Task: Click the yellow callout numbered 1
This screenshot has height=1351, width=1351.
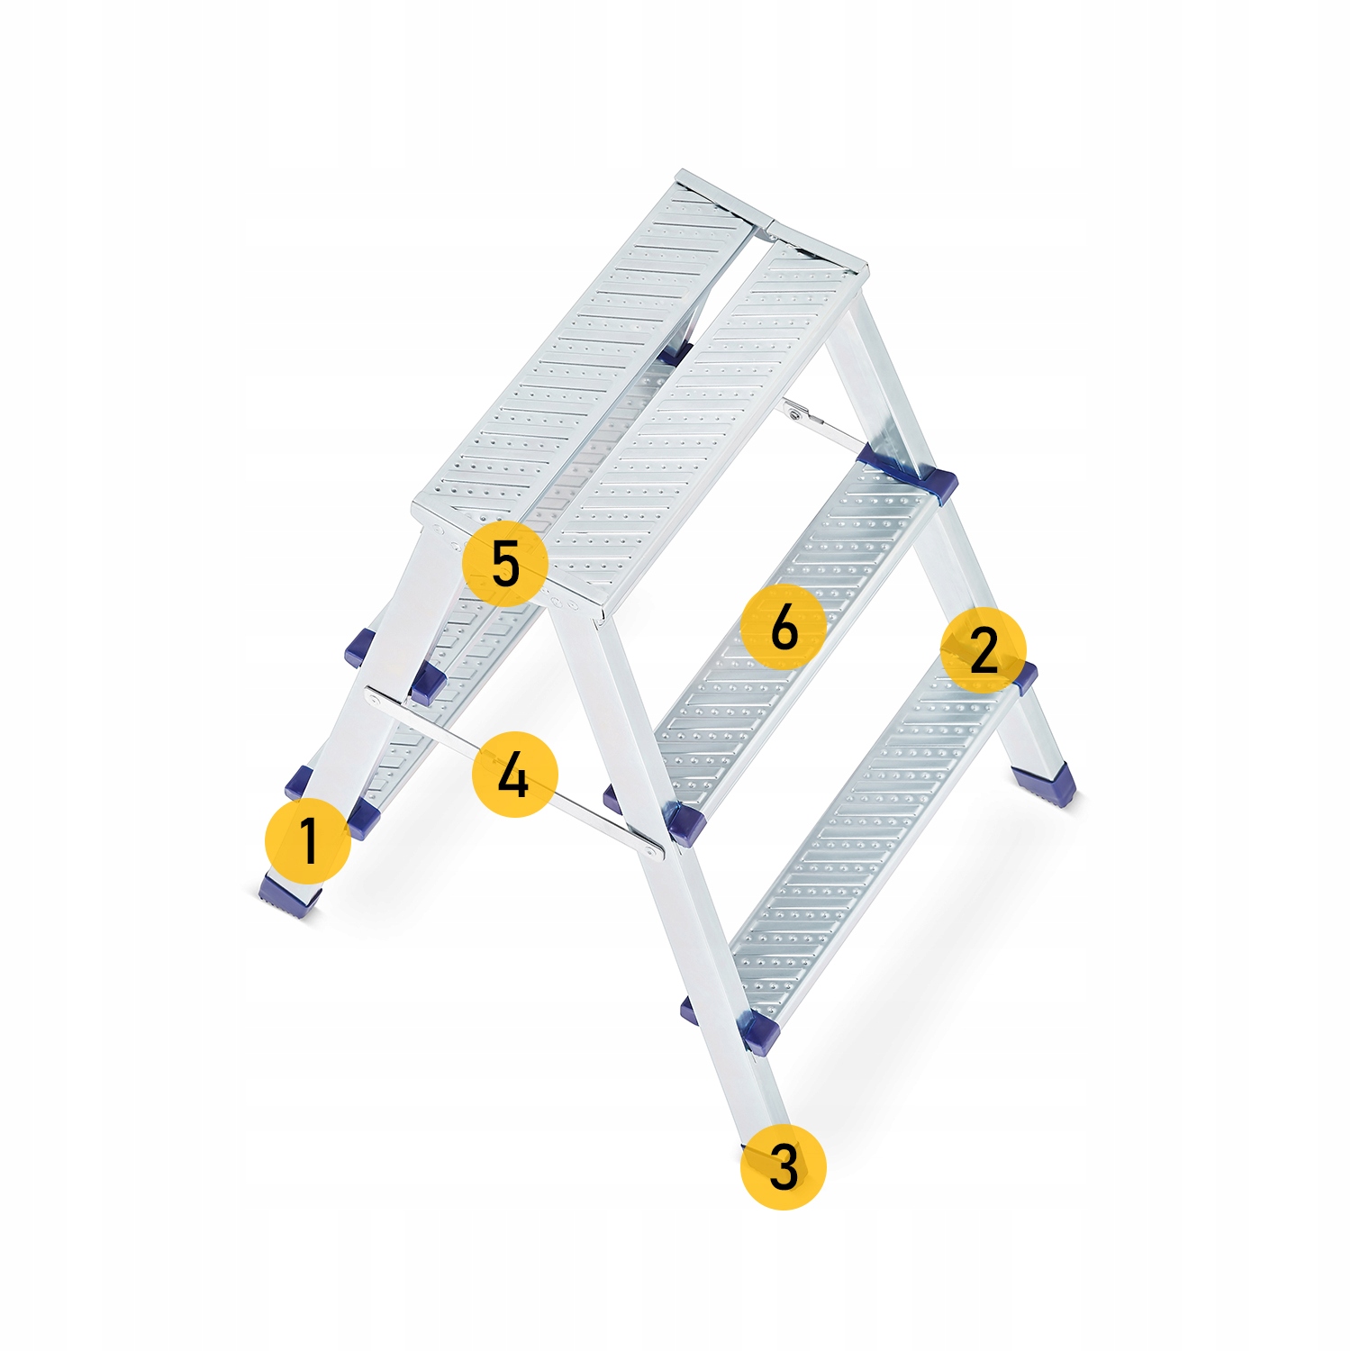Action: [308, 839]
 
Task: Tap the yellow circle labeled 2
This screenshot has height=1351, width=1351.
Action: [983, 649]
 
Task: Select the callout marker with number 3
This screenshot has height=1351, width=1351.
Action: [783, 1166]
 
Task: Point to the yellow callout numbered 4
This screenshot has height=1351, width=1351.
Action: [514, 775]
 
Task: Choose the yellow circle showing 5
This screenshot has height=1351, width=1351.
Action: [504, 564]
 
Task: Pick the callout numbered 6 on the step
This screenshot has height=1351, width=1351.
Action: [784, 626]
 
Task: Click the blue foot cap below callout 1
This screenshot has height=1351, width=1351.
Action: [288, 896]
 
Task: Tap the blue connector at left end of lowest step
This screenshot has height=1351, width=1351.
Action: [758, 1031]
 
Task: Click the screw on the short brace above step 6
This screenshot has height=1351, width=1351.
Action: [794, 414]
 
